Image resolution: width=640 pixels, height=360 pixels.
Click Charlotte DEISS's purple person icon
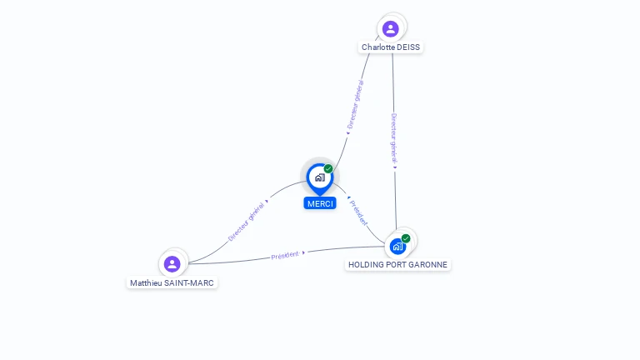click(x=390, y=29)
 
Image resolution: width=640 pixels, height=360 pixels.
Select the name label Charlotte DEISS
click(x=390, y=47)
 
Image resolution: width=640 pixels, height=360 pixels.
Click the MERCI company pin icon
click(x=319, y=177)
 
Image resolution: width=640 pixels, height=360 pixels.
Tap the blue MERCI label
click(x=320, y=203)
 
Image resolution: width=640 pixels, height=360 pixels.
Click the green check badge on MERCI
click(x=328, y=169)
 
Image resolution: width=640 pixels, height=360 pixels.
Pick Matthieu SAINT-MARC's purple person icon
click(x=172, y=264)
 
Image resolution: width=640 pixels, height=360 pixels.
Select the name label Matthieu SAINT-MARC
click(x=172, y=283)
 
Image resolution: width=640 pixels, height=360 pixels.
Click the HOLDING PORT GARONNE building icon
click(x=398, y=246)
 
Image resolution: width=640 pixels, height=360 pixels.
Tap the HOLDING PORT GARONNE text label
click(x=397, y=265)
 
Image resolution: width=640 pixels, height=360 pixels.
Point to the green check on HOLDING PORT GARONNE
click(x=406, y=238)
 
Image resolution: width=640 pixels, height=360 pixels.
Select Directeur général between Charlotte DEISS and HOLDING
click(x=394, y=138)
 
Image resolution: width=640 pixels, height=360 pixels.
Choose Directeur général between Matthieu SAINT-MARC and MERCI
click(x=247, y=220)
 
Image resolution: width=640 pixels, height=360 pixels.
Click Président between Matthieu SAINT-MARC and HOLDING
click(x=285, y=255)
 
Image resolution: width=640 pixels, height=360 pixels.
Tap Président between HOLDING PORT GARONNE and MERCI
click(x=358, y=212)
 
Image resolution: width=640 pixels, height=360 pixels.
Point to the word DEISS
click(x=408, y=47)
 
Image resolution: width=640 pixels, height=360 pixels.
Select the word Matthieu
click(x=147, y=283)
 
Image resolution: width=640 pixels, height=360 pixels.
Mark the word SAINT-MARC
click(x=191, y=283)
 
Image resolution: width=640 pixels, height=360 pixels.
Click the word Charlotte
click(x=377, y=47)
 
